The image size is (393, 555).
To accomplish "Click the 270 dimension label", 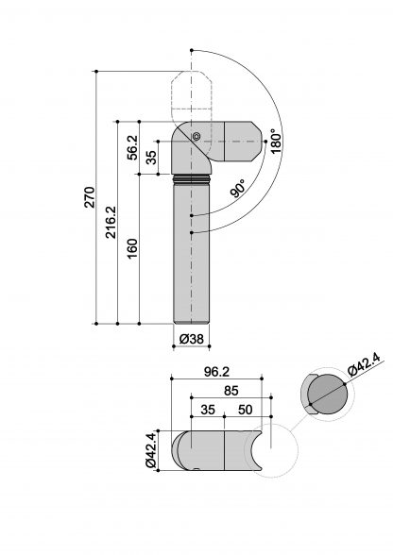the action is tap(90, 196).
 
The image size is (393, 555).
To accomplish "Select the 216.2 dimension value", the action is tap(111, 222).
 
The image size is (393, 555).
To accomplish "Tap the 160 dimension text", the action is tap(132, 248).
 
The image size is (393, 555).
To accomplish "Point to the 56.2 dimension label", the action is tap(132, 147).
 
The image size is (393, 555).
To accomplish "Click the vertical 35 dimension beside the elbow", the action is tap(151, 157).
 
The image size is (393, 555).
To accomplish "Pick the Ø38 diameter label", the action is tap(192, 339).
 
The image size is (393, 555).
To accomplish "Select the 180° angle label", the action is tap(275, 141).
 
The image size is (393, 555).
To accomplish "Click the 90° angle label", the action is tap(238, 189).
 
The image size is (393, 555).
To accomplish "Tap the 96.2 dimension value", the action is tap(217, 372).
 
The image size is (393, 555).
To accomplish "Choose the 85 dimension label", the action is tap(231, 391).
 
